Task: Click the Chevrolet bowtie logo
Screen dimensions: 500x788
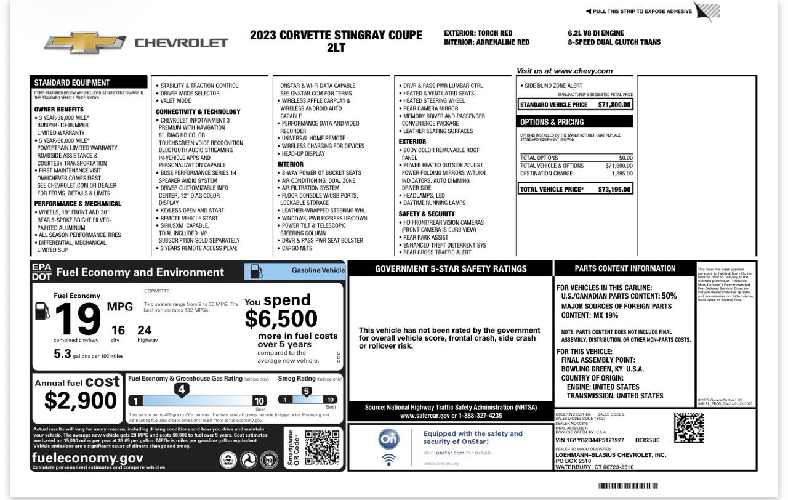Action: [85, 42]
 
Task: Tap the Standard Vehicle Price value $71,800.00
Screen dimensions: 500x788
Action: [614, 105]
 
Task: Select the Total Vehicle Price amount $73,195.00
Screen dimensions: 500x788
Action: [614, 189]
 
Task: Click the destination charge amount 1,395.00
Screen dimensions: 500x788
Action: [621, 174]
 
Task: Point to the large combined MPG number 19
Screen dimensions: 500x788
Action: [77, 320]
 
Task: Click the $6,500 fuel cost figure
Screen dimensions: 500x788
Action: [281, 318]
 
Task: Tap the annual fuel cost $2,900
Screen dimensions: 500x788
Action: [80, 400]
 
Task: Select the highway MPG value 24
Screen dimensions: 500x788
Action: [144, 330]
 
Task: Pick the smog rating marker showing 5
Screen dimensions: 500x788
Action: [306, 391]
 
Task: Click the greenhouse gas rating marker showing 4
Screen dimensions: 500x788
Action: [181, 389]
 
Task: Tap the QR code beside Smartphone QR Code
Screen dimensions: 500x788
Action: [321, 448]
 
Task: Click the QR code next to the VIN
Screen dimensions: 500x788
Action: [688, 427]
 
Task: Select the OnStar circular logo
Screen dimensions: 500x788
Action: [388, 439]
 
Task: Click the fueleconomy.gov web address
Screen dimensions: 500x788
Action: [87, 458]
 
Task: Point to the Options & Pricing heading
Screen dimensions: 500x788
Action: [552, 122]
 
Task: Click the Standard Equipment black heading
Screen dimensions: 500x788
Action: [72, 83]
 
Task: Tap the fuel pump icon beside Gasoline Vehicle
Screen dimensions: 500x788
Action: [256, 271]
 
